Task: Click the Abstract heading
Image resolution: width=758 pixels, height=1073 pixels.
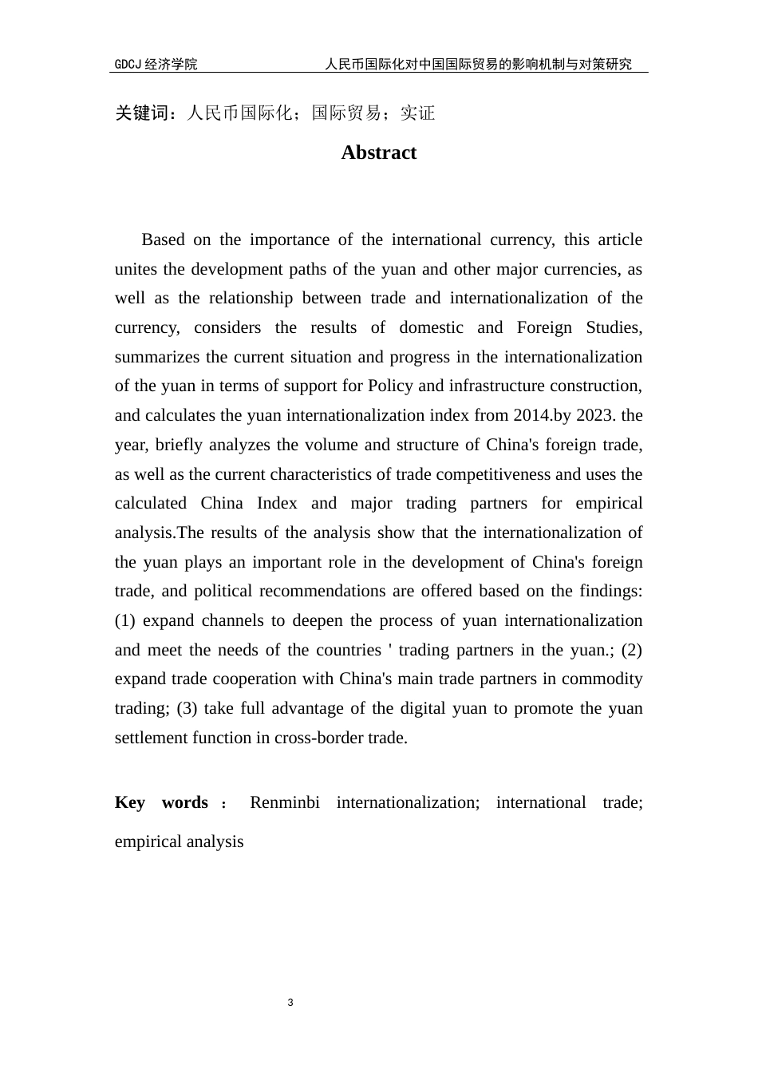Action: click(378, 152)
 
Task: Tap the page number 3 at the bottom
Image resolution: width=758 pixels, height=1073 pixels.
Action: click(290, 1003)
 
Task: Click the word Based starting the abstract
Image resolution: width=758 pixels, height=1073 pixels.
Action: click(163, 240)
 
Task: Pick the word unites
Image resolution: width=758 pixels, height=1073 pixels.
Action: click(136, 269)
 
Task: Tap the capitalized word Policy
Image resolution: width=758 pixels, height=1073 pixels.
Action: click(390, 386)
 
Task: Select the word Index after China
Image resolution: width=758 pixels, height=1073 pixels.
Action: click(277, 503)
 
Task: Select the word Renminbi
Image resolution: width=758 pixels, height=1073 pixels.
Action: click(285, 802)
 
